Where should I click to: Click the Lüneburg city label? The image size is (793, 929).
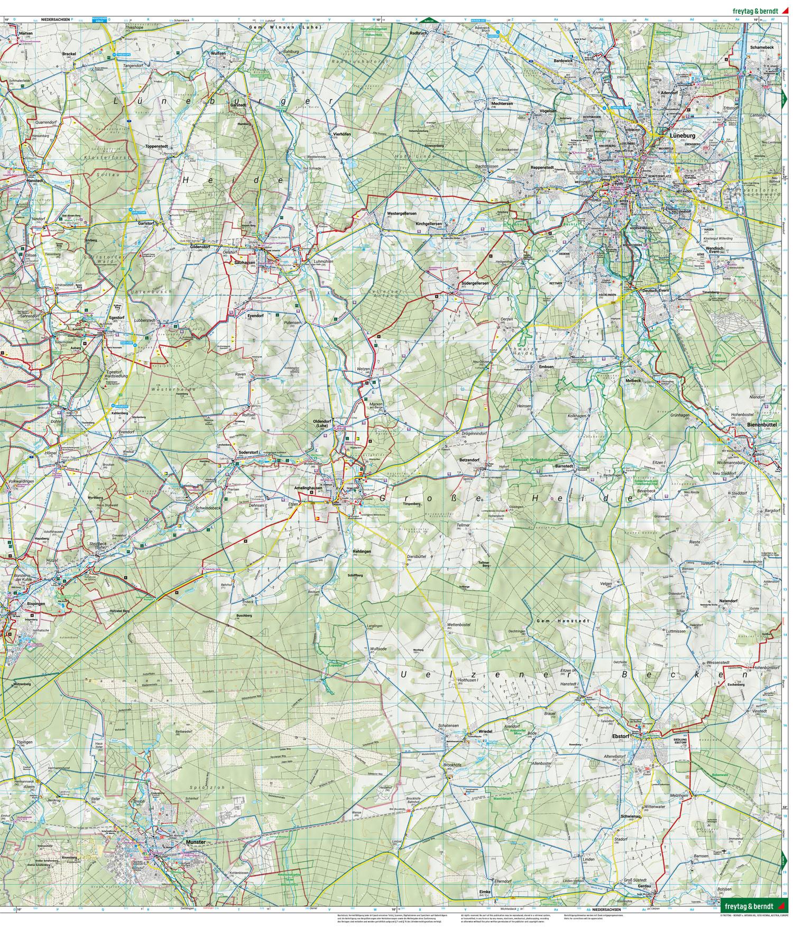682,136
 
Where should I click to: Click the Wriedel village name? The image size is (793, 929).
485,731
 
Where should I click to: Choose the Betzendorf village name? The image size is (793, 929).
469,459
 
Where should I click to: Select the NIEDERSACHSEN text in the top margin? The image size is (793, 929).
56,19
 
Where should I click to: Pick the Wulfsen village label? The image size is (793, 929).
218,54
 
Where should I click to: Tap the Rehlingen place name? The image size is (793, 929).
362,551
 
